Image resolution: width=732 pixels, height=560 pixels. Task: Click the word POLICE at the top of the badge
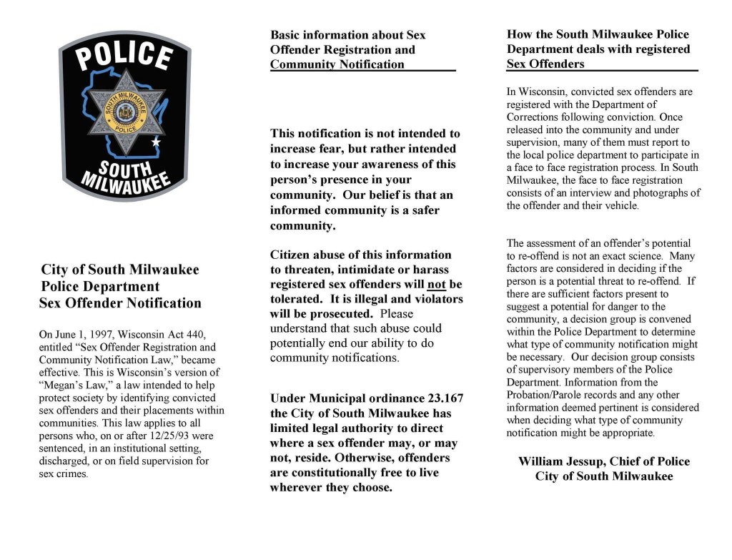pyautogui.click(x=124, y=57)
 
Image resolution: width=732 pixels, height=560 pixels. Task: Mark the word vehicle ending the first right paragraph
pyautogui.click(x=621, y=206)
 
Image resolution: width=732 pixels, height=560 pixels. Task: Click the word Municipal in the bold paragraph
pyautogui.click(x=339, y=398)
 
